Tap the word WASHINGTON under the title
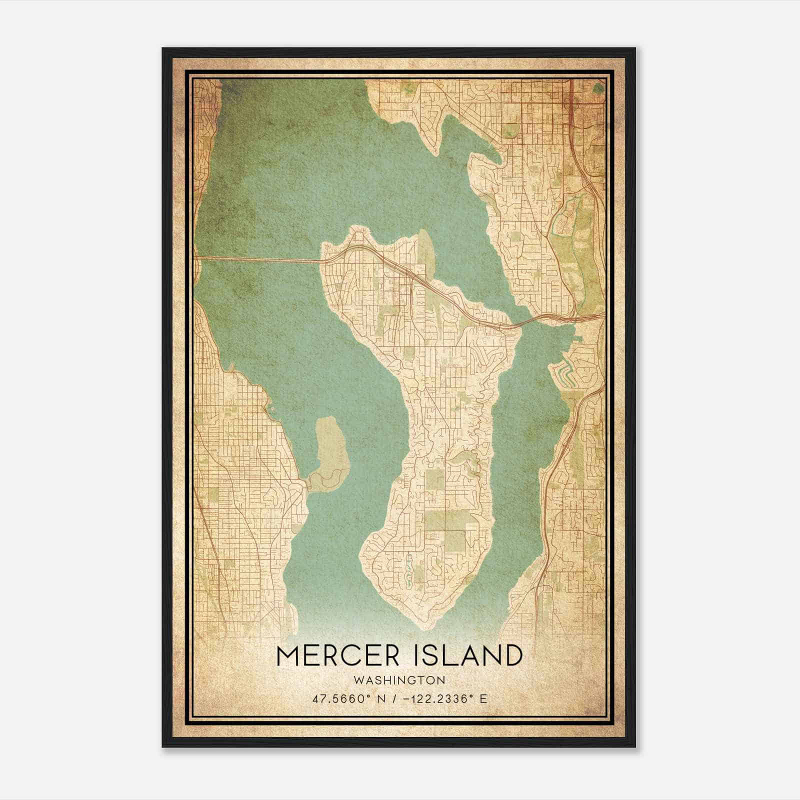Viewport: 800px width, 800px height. coord(399,680)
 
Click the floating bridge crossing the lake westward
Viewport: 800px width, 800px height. coord(257,258)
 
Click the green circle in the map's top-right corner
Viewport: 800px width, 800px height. coord(598,88)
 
